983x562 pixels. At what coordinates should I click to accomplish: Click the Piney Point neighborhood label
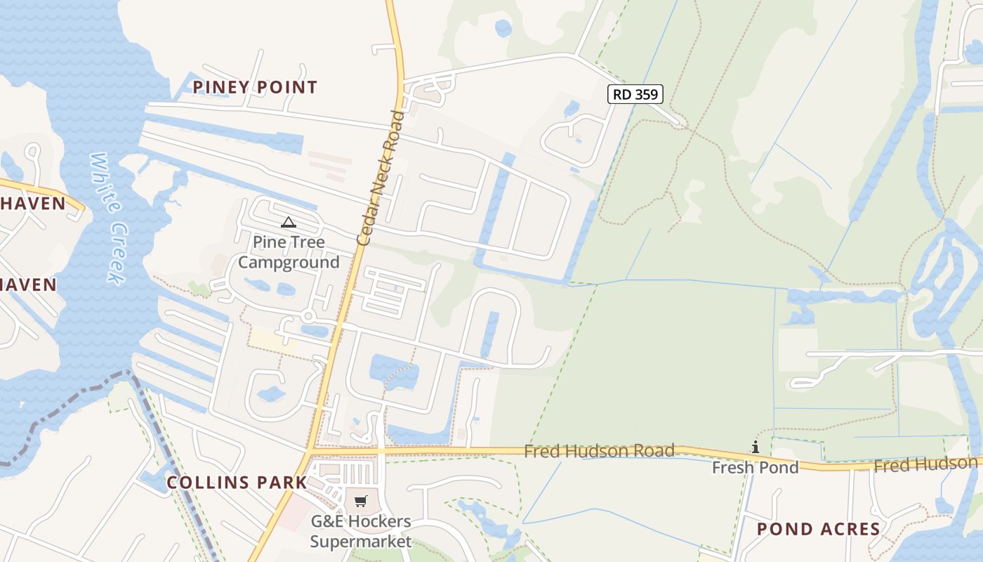point(255,87)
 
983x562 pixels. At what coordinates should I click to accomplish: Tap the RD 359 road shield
point(635,94)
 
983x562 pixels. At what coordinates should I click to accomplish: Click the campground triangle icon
point(288,223)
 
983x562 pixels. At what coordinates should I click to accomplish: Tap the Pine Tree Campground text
point(289,252)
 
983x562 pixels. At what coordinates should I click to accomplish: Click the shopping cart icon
point(360,501)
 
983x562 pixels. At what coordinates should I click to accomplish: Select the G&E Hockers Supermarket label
point(361,532)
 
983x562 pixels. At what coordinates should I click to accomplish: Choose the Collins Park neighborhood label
point(237,483)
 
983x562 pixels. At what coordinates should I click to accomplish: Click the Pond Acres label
point(818,529)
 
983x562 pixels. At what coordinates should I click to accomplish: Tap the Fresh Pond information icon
point(756,447)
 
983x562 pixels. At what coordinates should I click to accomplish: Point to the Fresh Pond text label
point(756,467)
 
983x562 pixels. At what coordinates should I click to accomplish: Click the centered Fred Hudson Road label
point(599,450)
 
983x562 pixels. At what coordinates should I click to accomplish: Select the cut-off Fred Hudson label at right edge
point(925,464)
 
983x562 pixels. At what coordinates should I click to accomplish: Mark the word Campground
point(289,263)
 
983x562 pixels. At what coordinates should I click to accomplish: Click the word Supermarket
point(361,542)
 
